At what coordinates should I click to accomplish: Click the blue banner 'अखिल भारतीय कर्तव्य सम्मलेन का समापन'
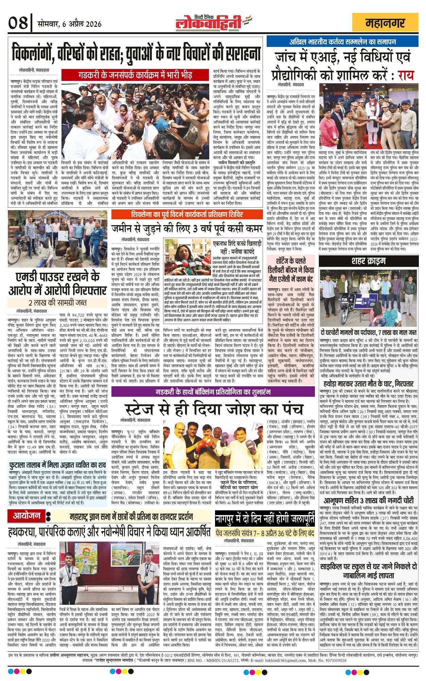(342, 42)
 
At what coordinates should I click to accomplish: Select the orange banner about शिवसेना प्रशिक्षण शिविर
(187, 215)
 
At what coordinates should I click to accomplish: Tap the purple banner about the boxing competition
(213, 392)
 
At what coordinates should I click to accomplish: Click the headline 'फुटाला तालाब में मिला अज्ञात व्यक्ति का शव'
(57, 465)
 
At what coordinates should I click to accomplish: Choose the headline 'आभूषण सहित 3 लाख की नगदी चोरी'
(369, 500)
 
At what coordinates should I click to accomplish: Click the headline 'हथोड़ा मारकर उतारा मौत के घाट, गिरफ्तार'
(369, 384)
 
